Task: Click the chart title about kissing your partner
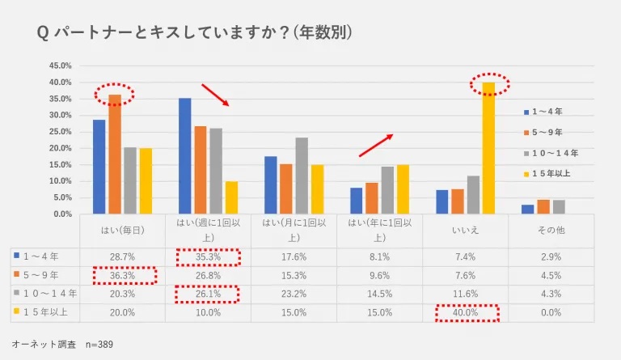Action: [x=194, y=32]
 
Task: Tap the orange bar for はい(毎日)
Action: [x=115, y=154]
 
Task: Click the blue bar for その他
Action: [x=527, y=209]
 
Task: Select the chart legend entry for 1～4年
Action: [x=547, y=111]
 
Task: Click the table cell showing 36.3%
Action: [x=122, y=275]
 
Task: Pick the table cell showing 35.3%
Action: [x=209, y=256]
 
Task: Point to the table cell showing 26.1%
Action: [x=209, y=294]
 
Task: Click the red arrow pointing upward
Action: [x=376, y=145]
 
